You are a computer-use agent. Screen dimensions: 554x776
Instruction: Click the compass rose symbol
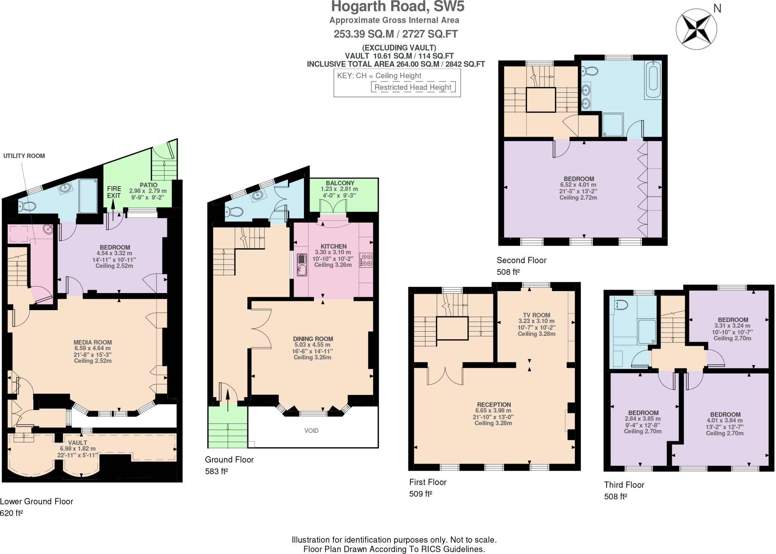[x=696, y=29]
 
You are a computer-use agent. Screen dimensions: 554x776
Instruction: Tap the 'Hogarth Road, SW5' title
[x=397, y=7]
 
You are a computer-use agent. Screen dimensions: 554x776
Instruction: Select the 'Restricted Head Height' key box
[x=413, y=87]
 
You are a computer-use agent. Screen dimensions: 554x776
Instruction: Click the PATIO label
[x=149, y=185]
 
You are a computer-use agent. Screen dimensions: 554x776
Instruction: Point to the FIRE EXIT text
[x=114, y=192]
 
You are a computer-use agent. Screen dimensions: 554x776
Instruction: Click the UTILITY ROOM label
[x=24, y=156]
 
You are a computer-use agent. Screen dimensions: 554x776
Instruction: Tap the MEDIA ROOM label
[x=92, y=342]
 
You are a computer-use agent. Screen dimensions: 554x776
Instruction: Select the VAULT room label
[x=77, y=443]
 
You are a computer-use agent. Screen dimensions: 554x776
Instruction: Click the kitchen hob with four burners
[x=366, y=260]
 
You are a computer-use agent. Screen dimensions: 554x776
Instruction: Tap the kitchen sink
[x=302, y=264]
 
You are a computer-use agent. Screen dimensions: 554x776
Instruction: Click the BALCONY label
[x=340, y=183]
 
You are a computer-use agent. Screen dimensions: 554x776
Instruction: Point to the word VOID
[x=311, y=431]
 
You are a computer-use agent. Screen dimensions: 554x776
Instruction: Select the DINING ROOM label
[x=313, y=339]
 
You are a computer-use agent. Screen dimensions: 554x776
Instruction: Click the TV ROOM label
[x=536, y=315]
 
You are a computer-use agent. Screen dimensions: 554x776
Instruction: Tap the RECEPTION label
[x=494, y=404]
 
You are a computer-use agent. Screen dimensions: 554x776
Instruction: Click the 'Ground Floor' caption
[x=229, y=460]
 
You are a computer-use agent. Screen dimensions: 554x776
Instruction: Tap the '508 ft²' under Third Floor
[x=615, y=496]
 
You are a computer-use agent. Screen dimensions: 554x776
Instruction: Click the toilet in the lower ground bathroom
[x=27, y=206]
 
